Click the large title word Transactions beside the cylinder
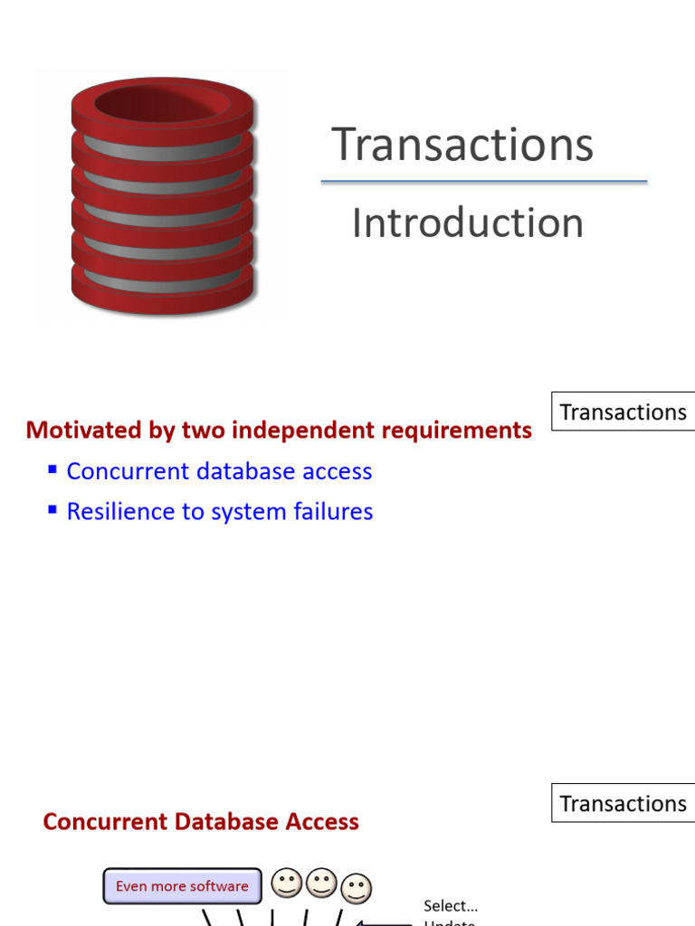click(462, 145)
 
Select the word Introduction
click(467, 222)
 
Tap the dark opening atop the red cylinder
click(163, 102)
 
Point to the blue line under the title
click(484, 182)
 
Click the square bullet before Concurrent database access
click(52, 469)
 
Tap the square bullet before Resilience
click(52, 510)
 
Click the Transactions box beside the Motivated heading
click(623, 411)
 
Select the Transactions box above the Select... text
click(623, 803)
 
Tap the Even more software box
click(182, 886)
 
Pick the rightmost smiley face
click(357, 890)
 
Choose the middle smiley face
click(321, 883)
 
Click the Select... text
click(451, 905)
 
